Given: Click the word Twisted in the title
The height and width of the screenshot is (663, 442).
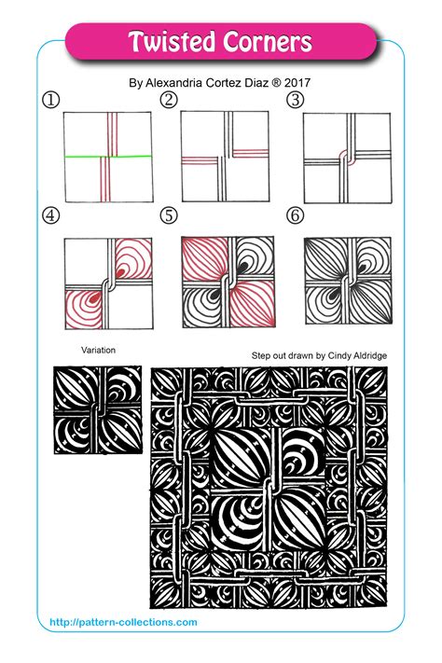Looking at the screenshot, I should (x=171, y=42).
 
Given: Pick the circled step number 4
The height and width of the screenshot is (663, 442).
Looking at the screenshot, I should (x=49, y=215).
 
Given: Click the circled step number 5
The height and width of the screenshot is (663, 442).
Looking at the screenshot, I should (x=169, y=215).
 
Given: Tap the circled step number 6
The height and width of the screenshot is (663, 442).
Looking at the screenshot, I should (x=296, y=215).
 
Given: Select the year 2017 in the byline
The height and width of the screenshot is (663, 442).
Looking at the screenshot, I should (x=297, y=82).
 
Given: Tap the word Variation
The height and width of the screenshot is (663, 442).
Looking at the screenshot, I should (x=99, y=350).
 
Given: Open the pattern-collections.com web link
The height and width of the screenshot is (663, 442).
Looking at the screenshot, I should (x=117, y=621).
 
